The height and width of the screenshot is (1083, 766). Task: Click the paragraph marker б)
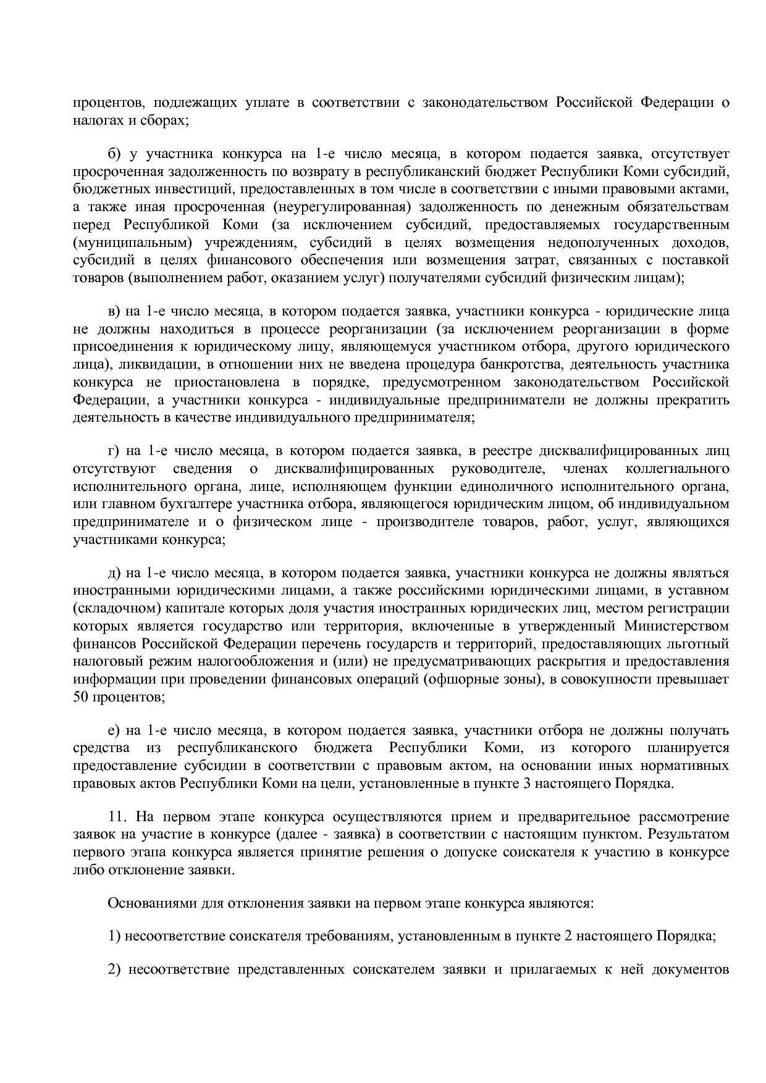[x=114, y=154]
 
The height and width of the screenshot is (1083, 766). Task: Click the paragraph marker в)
[x=114, y=311]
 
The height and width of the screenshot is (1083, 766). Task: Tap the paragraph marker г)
[x=114, y=451]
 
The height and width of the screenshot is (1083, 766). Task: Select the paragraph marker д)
[x=114, y=574]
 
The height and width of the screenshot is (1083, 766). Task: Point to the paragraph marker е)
[x=114, y=731]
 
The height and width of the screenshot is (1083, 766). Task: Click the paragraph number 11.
[x=117, y=817]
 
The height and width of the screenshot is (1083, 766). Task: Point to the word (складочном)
[x=117, y=609]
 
